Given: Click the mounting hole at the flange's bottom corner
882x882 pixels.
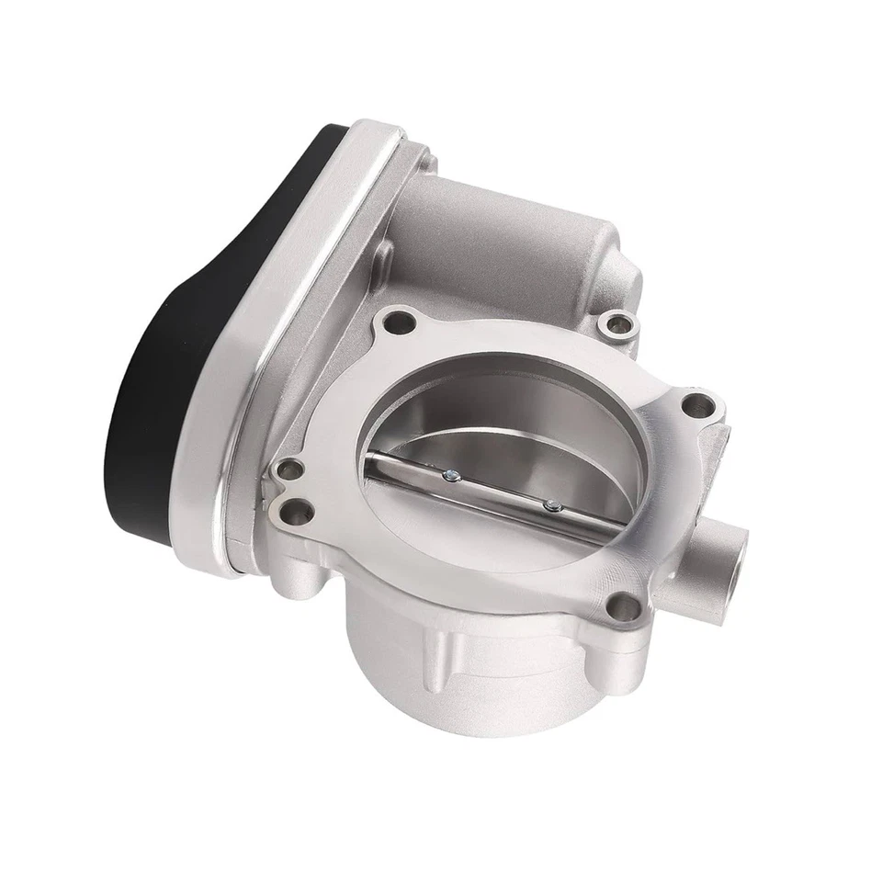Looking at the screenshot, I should (624, 605).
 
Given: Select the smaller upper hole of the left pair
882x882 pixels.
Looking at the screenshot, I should (290, 467).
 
